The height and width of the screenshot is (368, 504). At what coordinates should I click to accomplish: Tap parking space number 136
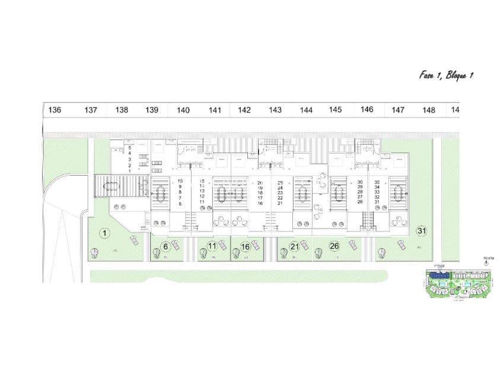pos(55,110)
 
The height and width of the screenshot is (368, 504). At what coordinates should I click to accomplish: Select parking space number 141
pos(215,110)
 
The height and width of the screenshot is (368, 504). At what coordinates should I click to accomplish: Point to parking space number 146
pos(366,109)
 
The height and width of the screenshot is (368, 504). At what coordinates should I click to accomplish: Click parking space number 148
pos(428,110)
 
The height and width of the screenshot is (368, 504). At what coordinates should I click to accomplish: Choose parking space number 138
pos(122,110)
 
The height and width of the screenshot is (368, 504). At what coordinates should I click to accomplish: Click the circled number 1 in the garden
pos(104,233)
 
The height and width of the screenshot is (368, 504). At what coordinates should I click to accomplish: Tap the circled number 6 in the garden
pos(166,246)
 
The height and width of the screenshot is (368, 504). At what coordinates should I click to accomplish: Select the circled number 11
pos(212,246)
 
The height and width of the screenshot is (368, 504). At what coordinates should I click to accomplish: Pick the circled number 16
pos(245,246)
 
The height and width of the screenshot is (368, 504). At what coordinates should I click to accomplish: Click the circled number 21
pos(295,246)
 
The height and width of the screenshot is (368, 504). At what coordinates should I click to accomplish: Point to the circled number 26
pos(334,246)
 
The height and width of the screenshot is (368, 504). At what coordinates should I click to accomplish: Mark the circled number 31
pos(422,230)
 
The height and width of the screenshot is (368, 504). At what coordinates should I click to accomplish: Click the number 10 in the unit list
pos(180,181)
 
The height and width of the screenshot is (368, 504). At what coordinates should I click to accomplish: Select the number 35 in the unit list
pos(377,182)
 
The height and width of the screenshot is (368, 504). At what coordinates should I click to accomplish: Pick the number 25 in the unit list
pos(280,183)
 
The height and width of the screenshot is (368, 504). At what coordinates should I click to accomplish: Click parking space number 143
pos(275,110)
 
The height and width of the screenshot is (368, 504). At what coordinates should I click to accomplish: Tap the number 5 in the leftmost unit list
pos(129,147)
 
